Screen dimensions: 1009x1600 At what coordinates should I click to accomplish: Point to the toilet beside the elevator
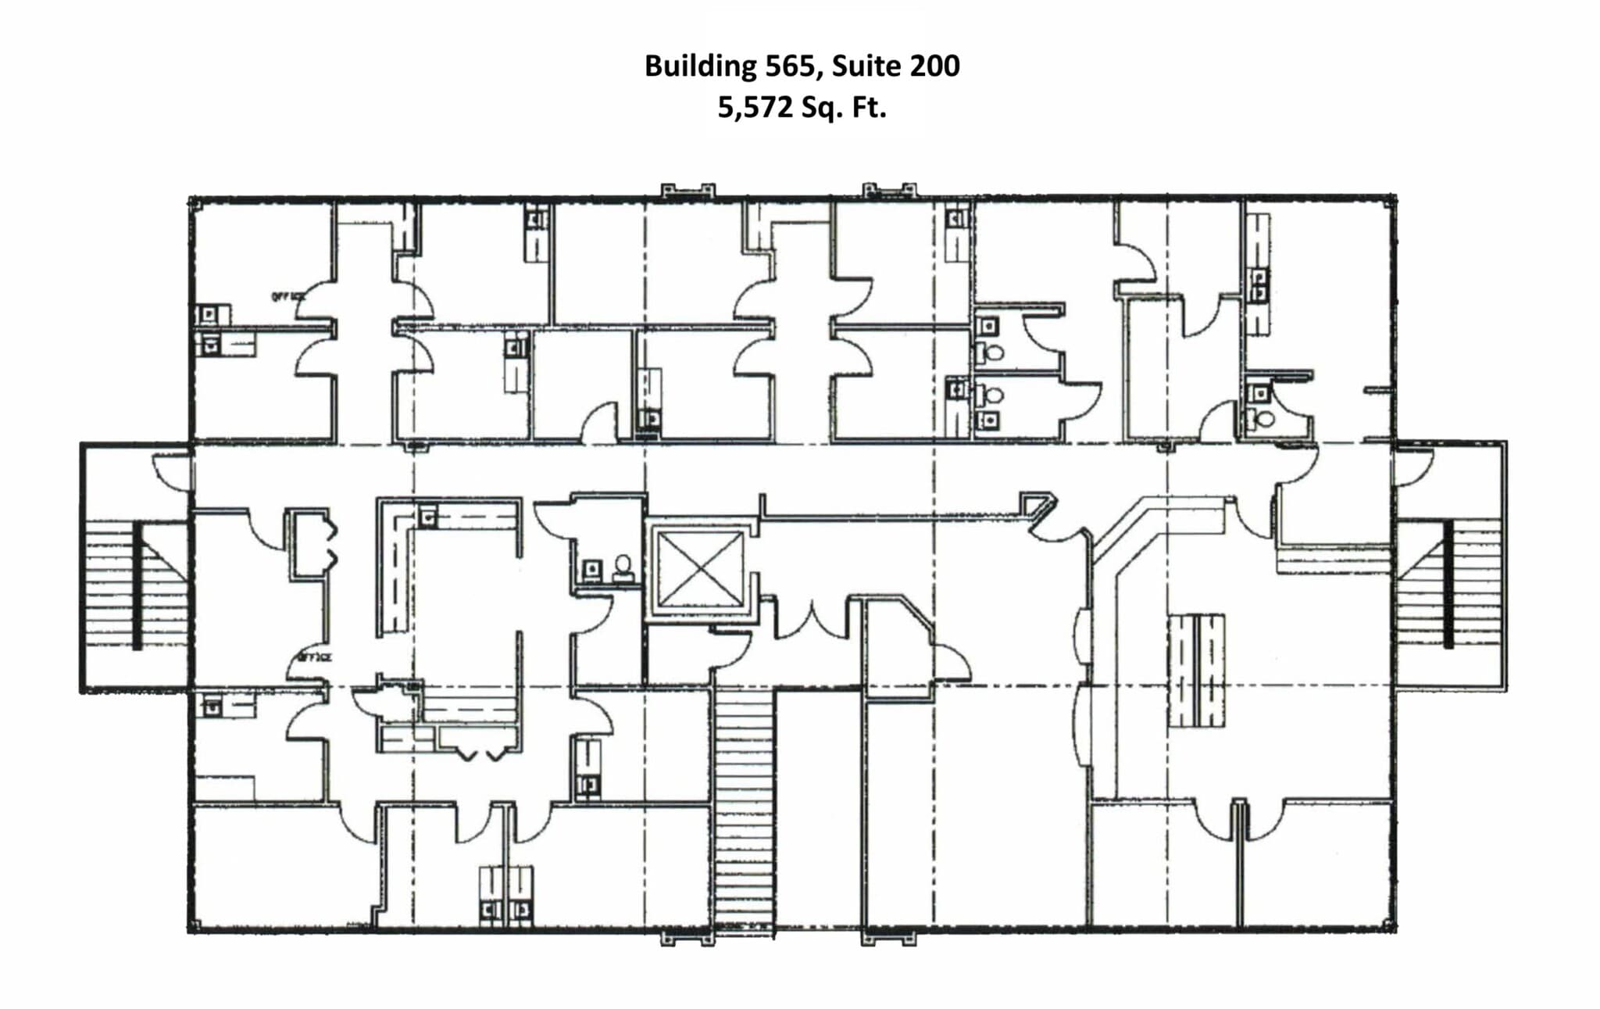pos(623,567)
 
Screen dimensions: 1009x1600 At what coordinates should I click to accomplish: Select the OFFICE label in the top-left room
pos(287,297)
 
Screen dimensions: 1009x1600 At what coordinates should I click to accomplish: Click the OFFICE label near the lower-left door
pos(314,657)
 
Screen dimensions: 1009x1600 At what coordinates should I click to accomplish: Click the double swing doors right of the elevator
pos(812,621)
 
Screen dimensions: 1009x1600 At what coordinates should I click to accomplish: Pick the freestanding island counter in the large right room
pos(1195,671)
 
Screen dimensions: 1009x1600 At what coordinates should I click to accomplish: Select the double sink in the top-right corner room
pos(1259,285)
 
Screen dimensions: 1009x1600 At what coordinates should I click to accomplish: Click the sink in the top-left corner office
pos(209,315)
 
